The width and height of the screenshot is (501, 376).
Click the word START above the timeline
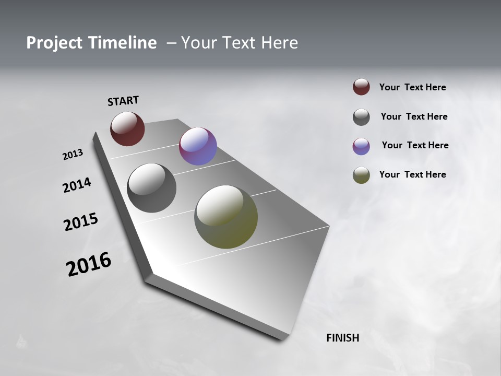123,101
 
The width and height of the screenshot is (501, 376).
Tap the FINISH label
342,338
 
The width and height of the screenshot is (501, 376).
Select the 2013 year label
73,155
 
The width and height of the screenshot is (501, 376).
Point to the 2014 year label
77,185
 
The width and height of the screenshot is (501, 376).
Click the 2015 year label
81,222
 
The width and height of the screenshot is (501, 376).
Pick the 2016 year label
89,264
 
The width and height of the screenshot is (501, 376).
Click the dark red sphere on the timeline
127,128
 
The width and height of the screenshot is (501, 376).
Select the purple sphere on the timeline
198,146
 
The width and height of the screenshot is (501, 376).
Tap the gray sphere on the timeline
151,188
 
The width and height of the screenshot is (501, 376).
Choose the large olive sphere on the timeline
226,217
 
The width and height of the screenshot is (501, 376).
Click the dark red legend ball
361,87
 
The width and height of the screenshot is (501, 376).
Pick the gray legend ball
361,117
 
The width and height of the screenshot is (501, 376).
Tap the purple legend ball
361,146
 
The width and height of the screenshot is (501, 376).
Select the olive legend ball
361,175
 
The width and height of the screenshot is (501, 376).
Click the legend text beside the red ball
412,88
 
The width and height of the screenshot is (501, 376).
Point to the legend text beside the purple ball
415,145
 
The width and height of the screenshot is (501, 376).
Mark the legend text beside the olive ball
412,174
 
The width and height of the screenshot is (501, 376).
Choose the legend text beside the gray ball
414,116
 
